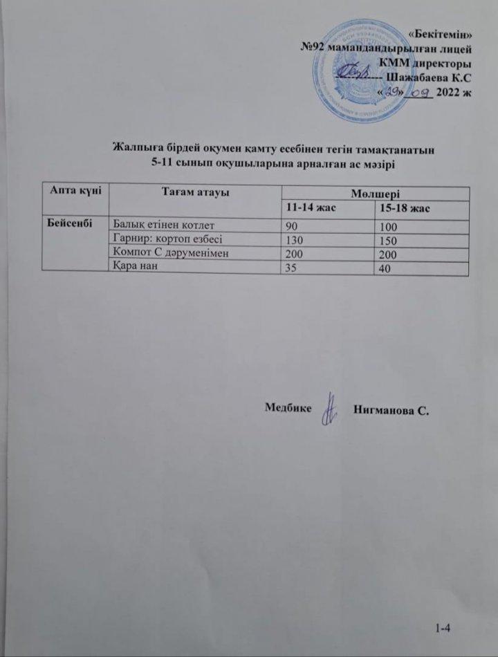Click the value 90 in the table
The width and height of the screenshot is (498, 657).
coord(293,225)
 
